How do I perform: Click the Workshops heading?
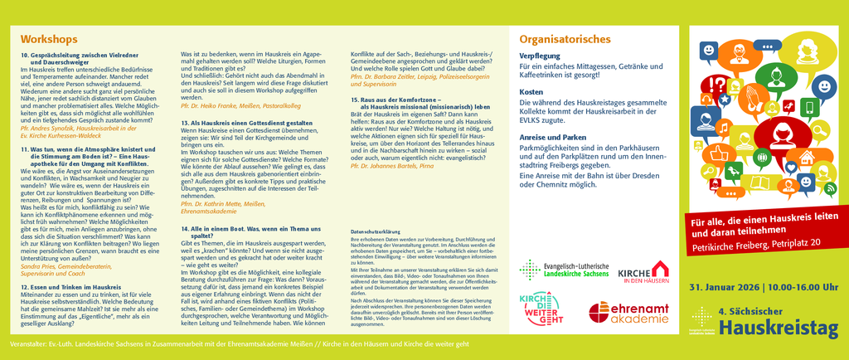click(x=49, y=39)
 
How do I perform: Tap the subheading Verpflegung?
click(x=540, y=55)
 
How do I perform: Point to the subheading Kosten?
click(x=531, y=91)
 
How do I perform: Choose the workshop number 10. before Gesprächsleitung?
click(x=25, y=54)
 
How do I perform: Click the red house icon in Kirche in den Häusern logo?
click(x=661, y=270)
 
